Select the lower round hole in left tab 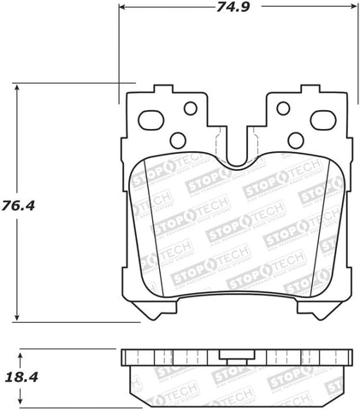click(178, 140)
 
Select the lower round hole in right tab click(293, 140)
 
